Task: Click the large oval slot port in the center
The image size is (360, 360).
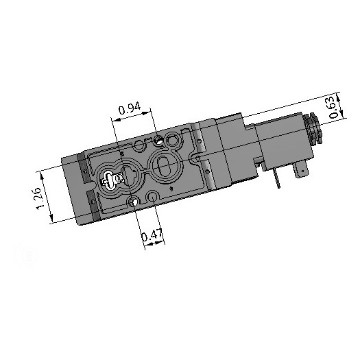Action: click(165, 165)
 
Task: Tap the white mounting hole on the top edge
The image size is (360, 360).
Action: click(159, 141)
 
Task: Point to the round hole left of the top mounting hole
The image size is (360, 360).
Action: click(143, 145)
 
